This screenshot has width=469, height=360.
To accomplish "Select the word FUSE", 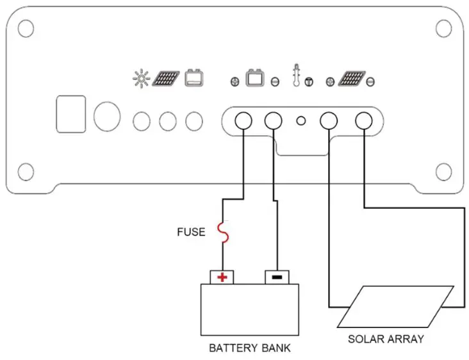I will pyautogui.click(x=191, y=232).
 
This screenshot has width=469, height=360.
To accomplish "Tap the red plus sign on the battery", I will pyautogui.click(x=222, y=277).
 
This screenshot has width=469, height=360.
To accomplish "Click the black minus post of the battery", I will pyautogui.click(x=277, y=277).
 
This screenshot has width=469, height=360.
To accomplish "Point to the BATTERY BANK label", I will pyautogui.click(x=249, y=348).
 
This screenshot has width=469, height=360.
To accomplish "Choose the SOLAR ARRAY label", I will pyautogui.click(x=386, y=338).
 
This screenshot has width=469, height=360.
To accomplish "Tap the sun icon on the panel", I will pyautogui.click(x=140, y=79).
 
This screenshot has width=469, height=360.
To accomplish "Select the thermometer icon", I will pyautogui.click(x=296, y=76).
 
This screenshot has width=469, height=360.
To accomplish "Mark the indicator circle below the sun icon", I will pyautogui.click(x=142, y=120).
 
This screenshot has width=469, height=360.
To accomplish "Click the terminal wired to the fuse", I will pyautogui.click(x=243, y=120).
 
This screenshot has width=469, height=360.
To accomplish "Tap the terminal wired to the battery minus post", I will pyautogui.click(x=274, y=120).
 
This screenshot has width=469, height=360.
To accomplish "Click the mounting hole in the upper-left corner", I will pyautogui.click(x=25, y=28).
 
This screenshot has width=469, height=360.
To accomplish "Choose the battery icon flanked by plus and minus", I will pyautogui.click(x=256, y=78).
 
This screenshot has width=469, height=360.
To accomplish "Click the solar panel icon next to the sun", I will pyautogui.click(x=165, y=79).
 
